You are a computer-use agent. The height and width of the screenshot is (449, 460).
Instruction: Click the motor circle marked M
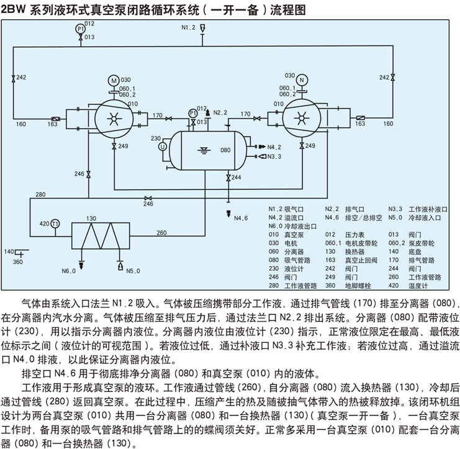tap(113, 80)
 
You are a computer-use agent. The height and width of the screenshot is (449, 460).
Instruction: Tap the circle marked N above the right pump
tap(302, 79)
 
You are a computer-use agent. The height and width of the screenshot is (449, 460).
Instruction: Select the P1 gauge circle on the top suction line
tap(80, 29)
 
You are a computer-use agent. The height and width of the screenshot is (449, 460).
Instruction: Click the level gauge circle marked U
tap(163, 147)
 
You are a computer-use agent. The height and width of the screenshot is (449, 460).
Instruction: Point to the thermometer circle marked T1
tap(55, 224)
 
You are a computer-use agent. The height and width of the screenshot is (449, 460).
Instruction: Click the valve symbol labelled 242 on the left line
tap(14, 78)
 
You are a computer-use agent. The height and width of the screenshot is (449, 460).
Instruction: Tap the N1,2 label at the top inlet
tap(189, 29)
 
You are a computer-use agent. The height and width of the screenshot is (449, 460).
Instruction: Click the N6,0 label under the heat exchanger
tap(68, 271)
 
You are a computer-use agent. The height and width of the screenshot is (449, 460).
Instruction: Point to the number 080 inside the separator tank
tap(225, 150)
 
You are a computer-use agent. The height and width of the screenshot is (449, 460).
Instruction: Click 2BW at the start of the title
tap(14, 9)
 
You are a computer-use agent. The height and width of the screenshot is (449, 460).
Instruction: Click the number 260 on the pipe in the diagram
tap(161, 233)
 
